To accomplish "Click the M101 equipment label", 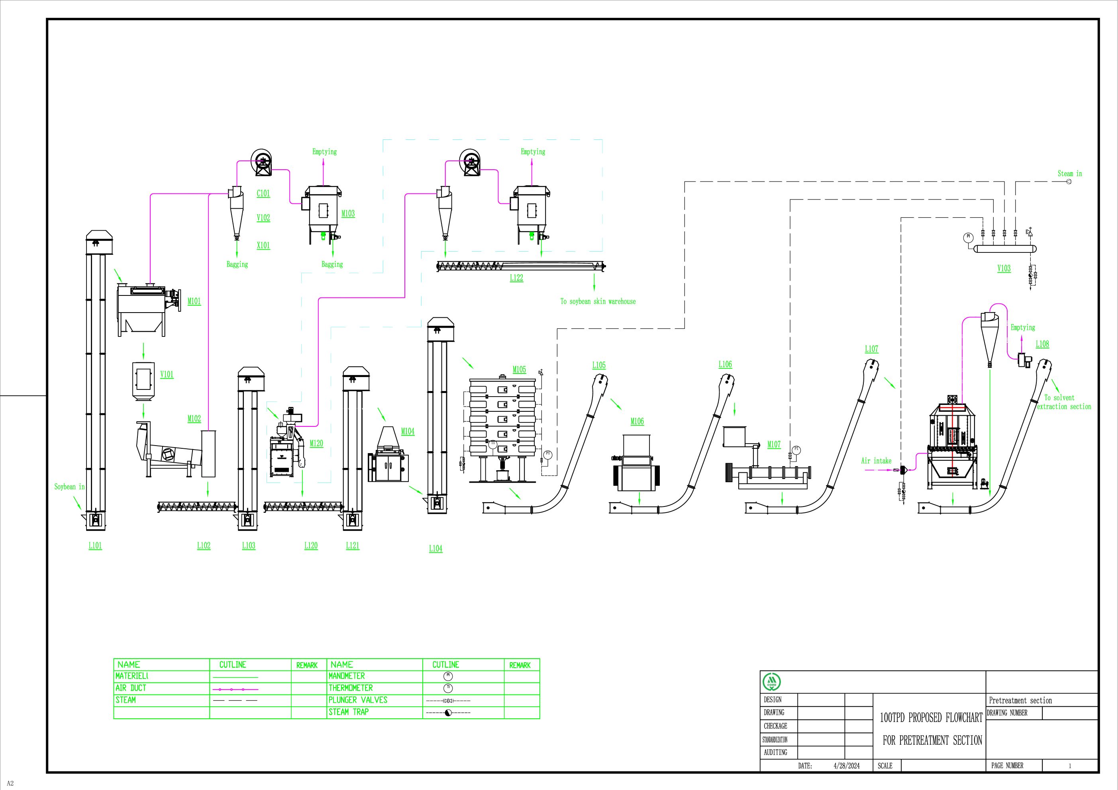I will point(194,301).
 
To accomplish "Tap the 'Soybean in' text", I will point(69,487).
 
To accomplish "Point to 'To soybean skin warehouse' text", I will point(598,301).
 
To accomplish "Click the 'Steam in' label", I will point(1069,174).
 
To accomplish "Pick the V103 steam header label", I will point(1004,268).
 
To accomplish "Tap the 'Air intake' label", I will point(876,460).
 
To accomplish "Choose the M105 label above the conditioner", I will point(519,370).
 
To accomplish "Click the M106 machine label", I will point(637,422).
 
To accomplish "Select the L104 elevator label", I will point(435,549).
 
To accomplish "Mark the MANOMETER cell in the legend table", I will point(346,676).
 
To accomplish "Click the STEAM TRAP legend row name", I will point(348,712).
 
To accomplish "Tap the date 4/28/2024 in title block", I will point(846,766).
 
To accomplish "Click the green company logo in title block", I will point(771,682).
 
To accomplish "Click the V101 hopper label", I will point(167,375).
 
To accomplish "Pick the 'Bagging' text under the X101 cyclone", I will point(237,264).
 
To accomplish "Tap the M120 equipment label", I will point(316,444).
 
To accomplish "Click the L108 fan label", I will point(1042,344).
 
